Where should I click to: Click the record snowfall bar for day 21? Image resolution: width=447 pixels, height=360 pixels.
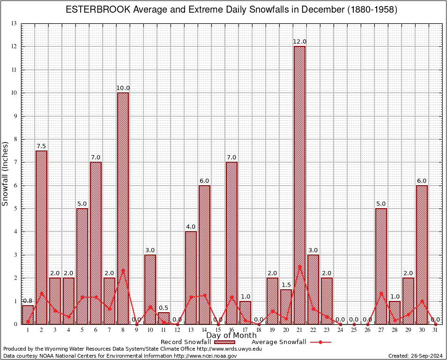click(299, 185)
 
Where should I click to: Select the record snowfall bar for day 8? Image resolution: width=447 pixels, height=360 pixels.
click(123, 208)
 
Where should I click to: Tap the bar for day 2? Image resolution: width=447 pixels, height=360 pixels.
click(41, 237)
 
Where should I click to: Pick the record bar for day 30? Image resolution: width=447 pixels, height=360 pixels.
click(422, 255)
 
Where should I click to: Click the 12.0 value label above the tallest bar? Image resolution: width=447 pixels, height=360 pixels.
click(299, 42)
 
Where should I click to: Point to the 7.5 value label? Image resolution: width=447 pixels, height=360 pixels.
click(41, 146)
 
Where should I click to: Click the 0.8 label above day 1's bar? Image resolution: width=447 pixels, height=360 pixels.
click(28, 300)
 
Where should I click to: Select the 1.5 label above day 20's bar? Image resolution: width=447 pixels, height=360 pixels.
click(286, 285)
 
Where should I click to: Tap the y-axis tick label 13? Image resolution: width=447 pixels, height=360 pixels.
click(14, 23)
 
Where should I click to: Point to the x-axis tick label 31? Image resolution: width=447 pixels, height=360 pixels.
click(435, 330)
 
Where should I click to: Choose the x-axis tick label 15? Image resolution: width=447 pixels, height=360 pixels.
click(218, 330)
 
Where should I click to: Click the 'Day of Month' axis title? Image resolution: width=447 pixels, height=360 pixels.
click(231, 335)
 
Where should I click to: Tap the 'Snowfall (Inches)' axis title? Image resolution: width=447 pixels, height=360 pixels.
click(6, 173)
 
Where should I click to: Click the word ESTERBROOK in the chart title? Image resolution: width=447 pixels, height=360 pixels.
click(96, 10)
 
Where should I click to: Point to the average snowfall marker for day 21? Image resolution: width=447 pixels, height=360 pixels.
click(299, 266)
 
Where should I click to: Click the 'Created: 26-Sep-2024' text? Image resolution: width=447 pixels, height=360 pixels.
click(415, 356)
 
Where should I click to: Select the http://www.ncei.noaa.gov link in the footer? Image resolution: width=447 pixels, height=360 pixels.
click(206, 356)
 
